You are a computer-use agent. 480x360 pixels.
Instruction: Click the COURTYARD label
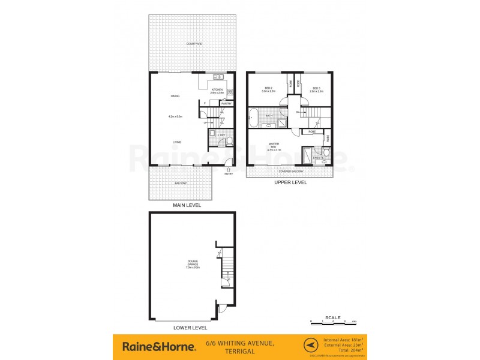click(193, 44)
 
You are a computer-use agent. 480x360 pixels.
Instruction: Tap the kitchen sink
click(218, 77)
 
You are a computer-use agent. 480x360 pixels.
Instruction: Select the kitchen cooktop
click(230, 92)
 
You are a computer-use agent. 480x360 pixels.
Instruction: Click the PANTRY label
click(226, 103)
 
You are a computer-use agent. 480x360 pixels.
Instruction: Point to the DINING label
click(176, 95)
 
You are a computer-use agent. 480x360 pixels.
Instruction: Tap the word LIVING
click(177, 142)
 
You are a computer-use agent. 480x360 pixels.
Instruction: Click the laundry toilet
click(229, 141)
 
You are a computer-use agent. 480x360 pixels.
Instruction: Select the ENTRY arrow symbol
click(228, 169)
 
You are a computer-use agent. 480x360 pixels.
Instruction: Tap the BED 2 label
click(269, 88)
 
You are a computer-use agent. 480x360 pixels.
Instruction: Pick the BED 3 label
click(316, 88)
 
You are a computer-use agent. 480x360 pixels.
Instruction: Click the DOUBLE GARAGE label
click(193, 265)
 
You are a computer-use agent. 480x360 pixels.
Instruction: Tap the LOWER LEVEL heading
click(190, 328)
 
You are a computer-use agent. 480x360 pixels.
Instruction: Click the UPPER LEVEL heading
click(290, 182)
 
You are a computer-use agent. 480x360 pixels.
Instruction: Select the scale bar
click(333, 322)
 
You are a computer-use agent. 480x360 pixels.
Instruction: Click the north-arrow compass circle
click(310, 346)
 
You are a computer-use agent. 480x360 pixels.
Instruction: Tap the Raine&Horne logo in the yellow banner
click(158, 346)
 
